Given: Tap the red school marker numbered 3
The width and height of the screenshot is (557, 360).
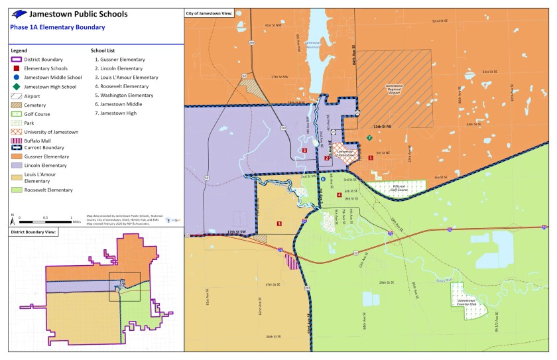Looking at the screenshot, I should tap(279, 223).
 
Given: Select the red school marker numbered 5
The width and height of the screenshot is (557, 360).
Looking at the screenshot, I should tap(304, 150).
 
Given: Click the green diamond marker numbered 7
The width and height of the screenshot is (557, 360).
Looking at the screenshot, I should tap(369, 138).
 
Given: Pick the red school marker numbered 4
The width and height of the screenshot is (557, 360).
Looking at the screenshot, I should tap(339, 195).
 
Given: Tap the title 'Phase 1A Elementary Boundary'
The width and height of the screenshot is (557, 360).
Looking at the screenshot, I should tap(57, 27).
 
